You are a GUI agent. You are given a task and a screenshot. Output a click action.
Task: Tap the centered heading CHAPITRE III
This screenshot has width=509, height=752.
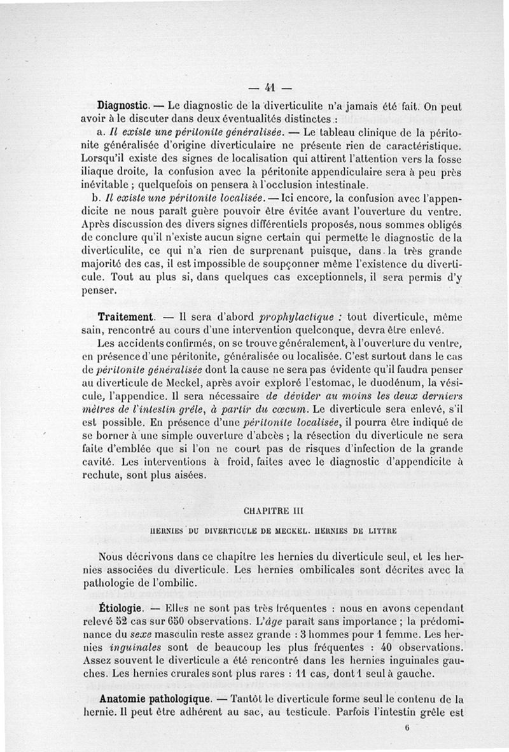click(271, 510)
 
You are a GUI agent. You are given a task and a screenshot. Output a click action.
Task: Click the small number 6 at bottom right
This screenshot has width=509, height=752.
click(406, 732)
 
